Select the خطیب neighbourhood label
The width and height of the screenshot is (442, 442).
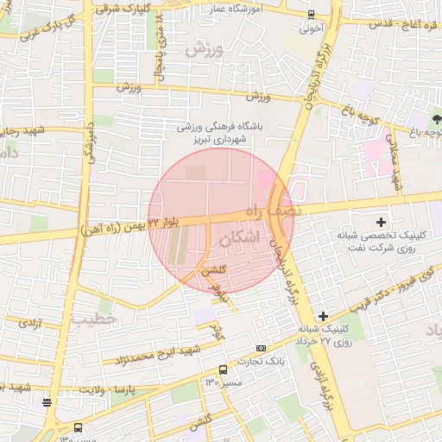pyautogui.click(x=92, y=319)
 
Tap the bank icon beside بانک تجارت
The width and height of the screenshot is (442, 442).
pyautogui.click(x=262, y=347)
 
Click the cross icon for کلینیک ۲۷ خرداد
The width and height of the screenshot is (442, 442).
pyautogui.click(x=323, y=316)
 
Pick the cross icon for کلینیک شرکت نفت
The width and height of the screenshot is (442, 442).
pyautogui.click(x=381, y=222)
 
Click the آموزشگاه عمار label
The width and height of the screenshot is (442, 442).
pyautogui.click(x=233, y=8)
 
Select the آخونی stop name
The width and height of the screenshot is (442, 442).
pyautogui.click(x=311, y=27)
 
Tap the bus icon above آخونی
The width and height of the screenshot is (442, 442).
pyautogui.click(x=311, y=14)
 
